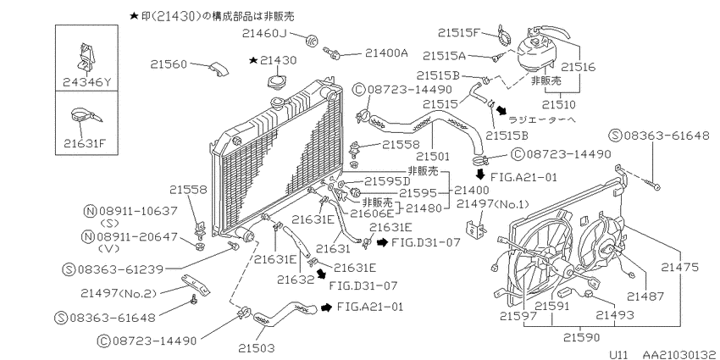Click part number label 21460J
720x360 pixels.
263,33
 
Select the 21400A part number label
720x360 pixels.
386,53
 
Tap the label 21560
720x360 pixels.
169,64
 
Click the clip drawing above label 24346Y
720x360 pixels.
86,58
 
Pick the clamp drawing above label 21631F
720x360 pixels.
86,115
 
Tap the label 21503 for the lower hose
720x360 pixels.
258,348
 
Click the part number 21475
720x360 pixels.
680,267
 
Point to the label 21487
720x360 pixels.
646,297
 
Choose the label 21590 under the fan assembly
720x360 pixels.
581,337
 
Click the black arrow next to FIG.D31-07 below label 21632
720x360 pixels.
321,274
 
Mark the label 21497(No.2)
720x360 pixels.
119,293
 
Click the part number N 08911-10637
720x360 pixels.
130,211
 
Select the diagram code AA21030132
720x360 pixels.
680,355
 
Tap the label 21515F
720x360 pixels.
458,32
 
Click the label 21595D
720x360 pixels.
386,181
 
